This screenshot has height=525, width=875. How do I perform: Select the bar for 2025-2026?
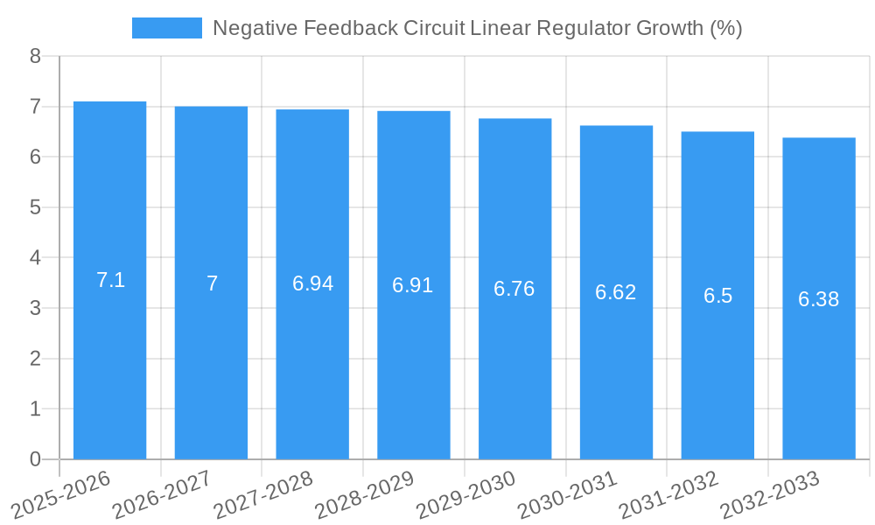[109, 280]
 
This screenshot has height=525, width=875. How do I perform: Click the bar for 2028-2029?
[413, 284]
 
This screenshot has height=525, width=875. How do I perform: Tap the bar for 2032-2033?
[818, 298]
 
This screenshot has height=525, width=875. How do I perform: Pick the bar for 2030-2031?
[616, 292]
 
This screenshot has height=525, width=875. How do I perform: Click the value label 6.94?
[312, 283]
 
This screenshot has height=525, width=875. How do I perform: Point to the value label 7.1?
[110, 280]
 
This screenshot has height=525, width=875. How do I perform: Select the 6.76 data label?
[514, 289]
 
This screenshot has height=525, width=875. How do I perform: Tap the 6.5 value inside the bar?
[717, 296]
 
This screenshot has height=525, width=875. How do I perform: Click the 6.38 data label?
[818, 299]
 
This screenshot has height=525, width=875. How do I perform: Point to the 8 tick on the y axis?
[35, 56]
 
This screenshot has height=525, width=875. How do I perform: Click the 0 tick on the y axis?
[35, 459]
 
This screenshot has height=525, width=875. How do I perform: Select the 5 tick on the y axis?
[35, 207]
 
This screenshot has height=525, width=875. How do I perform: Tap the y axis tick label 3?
[35, 308]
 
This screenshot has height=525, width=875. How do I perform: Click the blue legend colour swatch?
[166, 28]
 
